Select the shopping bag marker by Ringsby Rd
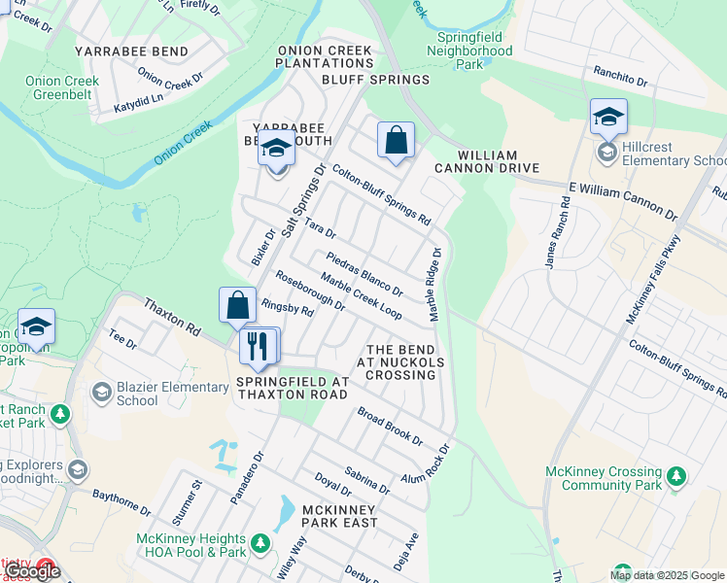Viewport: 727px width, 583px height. coord(237,306)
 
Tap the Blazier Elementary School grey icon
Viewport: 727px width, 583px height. coord(101,393)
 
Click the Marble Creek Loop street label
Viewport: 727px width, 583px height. coord(361,296)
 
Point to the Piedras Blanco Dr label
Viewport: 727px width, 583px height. coord(364,274)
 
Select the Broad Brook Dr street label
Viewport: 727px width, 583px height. coord(389,427)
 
